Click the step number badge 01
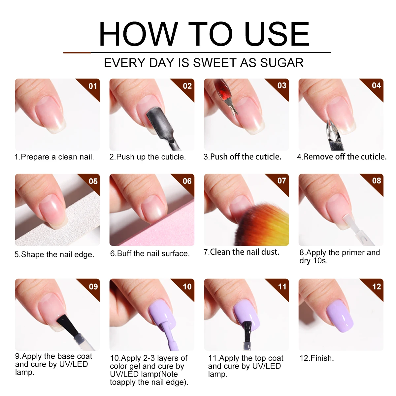tap(93, 86)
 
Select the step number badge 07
tap(282, 181)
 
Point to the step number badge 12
tap(377, 286)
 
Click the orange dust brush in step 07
tap(261, 224)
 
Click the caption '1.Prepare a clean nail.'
tap(54, 157)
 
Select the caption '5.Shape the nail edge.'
tap(54, 254)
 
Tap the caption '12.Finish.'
tap(316, 358)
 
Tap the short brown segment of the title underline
tap(77, 52)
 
